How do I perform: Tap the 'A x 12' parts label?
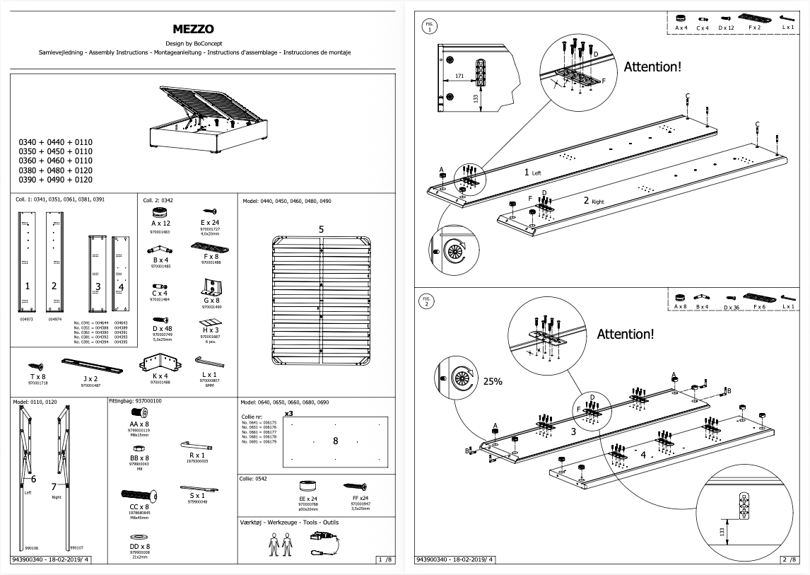[x=161, y=223]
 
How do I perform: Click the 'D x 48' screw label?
[x=161, y=329]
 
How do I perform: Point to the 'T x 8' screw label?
[x=37, y=377]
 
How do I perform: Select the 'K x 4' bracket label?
[x=161, y=376]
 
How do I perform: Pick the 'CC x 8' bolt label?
[x=139, y=507]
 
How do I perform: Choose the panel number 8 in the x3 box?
[x=335, y=441]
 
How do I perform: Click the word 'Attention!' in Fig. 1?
[x=652, y=67]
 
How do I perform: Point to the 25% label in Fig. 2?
[x=493, y=381]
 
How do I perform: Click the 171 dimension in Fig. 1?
[x=459, y=74]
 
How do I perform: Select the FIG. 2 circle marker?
[x=427, y=301]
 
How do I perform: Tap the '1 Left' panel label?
[x=532, y=172]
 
